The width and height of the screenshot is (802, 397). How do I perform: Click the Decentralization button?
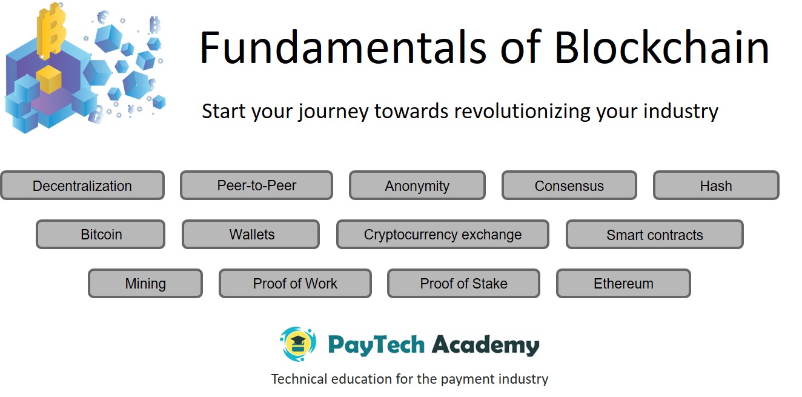tap(82, 185)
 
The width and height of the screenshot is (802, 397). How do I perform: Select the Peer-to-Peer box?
tap(256, 185)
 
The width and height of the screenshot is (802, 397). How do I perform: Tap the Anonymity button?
tap(417, 185)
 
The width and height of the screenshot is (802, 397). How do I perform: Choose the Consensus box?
tap(569, 185)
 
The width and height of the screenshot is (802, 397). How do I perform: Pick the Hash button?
tap(716, 185)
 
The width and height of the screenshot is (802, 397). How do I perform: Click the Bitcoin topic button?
tap(101, 235)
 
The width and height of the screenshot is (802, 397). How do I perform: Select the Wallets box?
tap(251, 235)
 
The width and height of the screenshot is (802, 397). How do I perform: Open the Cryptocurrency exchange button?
tap(443, 235)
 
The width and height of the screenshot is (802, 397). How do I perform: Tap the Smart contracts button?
tap(654, 235)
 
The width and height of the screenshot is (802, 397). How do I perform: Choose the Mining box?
tap(145, 284)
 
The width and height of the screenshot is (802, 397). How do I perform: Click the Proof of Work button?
tap(295, 284)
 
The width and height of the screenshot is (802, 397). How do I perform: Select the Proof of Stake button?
tap(463, 284)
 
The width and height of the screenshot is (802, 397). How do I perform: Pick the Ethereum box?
tap(623, 284)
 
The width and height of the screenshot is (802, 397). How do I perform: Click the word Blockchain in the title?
tap(661, 47)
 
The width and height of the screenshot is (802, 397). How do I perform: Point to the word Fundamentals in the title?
tap(343, 47)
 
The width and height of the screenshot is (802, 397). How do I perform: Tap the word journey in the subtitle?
tap(334, 112)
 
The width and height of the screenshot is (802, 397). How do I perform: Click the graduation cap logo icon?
tap(298, 344)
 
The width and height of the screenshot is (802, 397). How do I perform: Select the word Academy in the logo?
tap(485, 345)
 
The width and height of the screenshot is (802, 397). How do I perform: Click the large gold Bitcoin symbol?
tap(52, 30)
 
